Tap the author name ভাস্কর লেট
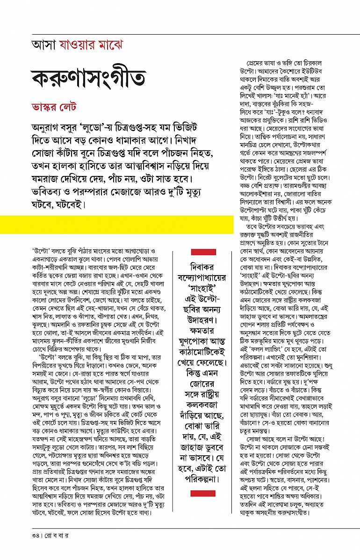click(54, 108)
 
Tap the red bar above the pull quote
click(203, 252)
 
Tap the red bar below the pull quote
click(203, 493)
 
